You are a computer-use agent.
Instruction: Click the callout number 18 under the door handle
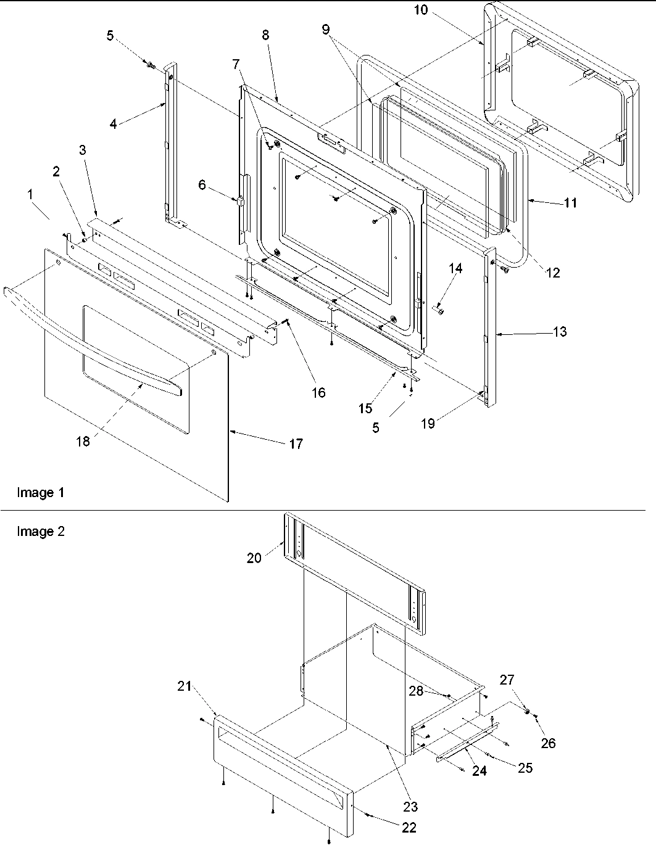pyautogui.click(x=83, y=442)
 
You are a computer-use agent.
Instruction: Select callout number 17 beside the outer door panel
pyautogui.click(x=296, y=444)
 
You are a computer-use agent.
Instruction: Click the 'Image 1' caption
pyautogui.click(x=40, y=493)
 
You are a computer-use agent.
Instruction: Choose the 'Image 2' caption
pyautogui.click(x=40, y=532)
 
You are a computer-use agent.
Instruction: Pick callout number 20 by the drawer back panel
pyautogui.click(x=254, y=558)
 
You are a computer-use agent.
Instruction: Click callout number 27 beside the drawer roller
pyautogui.click(x=507, y=680)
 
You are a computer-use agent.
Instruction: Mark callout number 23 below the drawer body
pyautogui.click(x=410, y=806)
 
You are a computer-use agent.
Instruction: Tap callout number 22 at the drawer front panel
pyautogui.click(x=409, y=828)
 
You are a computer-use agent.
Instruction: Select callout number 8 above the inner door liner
pyautogui.click(x=265, y=35)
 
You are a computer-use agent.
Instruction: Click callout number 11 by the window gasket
pyautogui.click(x=571, y=202)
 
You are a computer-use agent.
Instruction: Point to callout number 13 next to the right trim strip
pyautogui.click(x=560, y=332)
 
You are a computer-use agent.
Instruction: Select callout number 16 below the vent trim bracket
pyautogui.click(x=318, y=393)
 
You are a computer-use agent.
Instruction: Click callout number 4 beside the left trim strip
pyautogui.click(x=113, y=123)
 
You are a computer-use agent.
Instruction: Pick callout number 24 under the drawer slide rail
pyautogui.click(x=480, y=771)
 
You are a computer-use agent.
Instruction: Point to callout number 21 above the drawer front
pyautogui.click(x=185, y=687)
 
